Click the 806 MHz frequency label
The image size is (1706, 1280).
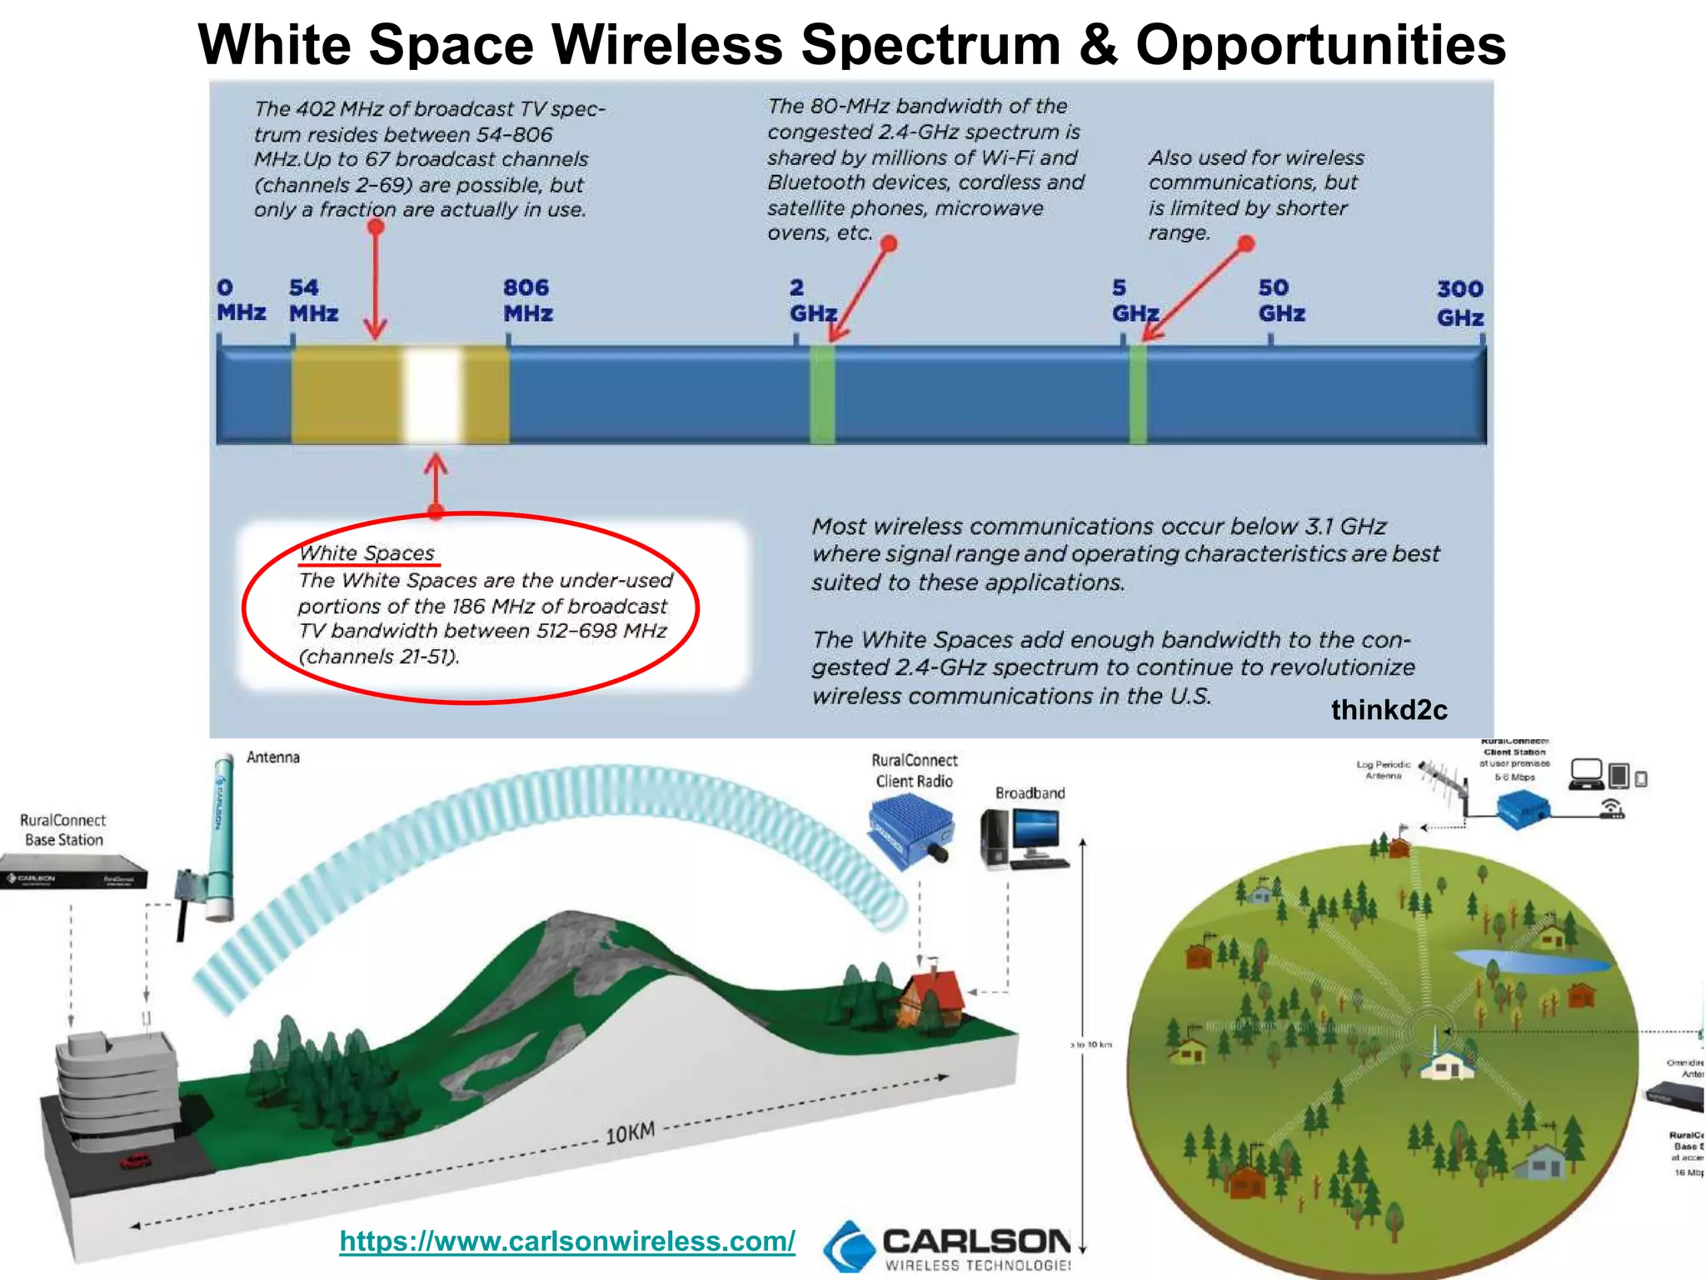click(x=527, y=300)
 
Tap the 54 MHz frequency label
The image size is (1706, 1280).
click(x=313, y=300)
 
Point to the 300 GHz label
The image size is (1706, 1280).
click(x=1459, y=302)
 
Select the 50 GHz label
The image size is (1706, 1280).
click(x=1281, y=300)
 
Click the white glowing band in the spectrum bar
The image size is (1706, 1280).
click(x=432, y=395)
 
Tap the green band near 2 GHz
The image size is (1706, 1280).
click(x=822, y=395)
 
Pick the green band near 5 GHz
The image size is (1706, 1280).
click(x=1138, y=395)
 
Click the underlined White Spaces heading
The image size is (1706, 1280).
click(x=367, y=553)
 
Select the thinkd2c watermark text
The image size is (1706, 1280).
click(x=1389, y=710)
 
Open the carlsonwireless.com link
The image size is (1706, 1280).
click(x=567, y=1241)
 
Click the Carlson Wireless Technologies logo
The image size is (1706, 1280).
click(x=950, y=1247)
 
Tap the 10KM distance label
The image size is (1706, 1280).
click(x=630, y=1134)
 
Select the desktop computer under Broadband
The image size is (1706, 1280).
click(x=1024, y=840)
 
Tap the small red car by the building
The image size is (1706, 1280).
click(x=135, y=1160)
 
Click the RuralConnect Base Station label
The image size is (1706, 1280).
click(x=63, y=830)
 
